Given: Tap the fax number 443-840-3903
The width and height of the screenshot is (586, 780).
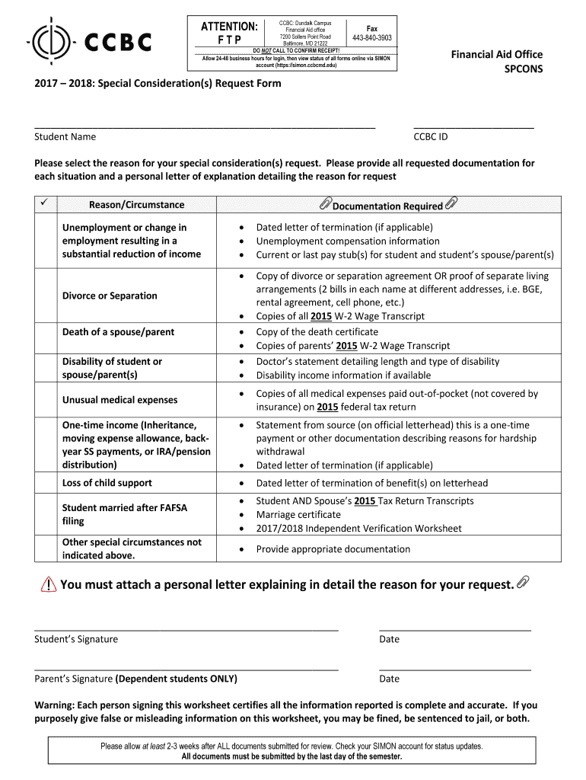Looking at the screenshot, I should point(372,38).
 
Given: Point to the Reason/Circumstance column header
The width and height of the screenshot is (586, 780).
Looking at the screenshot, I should point(137,205).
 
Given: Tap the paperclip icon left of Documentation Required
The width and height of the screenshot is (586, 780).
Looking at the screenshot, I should point(325,204).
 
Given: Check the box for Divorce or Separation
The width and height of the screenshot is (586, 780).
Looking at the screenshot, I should point(46,296).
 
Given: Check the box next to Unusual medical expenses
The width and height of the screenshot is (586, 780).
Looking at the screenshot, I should point(46,400).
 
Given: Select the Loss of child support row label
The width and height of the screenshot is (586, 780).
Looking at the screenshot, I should point(107,483).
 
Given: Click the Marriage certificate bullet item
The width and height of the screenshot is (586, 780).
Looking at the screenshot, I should point(298,514).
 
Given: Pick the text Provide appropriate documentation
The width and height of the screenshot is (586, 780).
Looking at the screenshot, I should point(333,549).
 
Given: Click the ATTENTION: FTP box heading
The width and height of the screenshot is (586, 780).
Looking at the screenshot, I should point(229,34).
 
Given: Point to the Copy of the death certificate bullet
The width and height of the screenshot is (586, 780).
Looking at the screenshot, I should point(317,332).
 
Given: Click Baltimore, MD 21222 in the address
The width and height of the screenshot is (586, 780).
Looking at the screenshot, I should point(304,44).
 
